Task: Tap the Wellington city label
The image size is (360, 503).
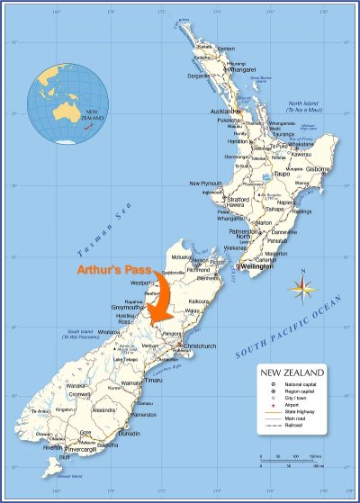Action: [x=258, y=267]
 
